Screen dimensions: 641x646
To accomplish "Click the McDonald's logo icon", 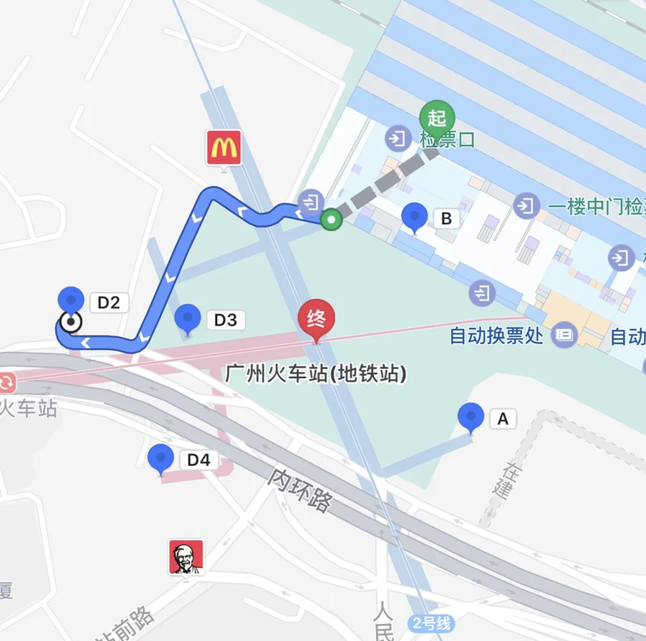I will pos(224,148).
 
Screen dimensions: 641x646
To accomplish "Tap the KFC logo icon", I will pos(186,557).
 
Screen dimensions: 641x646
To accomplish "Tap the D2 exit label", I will pos(108,303).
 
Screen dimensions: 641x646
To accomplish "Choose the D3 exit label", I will pos(226,320).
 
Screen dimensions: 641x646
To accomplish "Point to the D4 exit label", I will pos(198,460).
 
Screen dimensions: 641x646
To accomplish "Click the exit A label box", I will pos(503,419).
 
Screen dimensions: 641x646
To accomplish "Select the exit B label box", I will pos(446,218).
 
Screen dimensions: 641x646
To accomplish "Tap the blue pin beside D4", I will pos(160,459).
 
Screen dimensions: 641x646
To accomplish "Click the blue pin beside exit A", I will pos(471,417).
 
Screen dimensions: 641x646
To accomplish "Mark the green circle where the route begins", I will pos(330,219).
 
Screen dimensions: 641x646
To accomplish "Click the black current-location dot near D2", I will pos(71,323).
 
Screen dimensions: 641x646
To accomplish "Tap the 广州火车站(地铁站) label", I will pos(316,373).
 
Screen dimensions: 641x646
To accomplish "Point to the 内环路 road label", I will pos(302,490).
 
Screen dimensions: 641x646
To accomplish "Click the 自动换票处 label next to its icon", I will pos(496,336).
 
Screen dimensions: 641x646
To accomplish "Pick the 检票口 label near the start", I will pos(447,140).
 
